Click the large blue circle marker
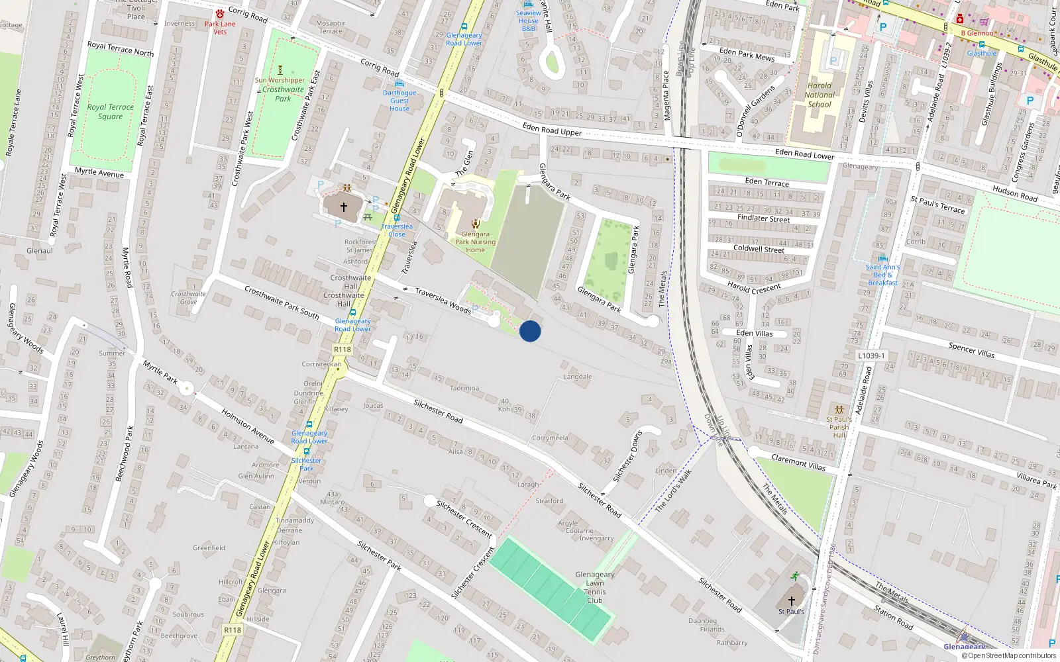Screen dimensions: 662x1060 (530, 331)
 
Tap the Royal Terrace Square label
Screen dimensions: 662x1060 (111, 112)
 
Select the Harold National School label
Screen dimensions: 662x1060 (820, 95)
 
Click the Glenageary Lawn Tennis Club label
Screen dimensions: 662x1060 (594, 587)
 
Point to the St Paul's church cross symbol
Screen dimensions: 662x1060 (791, 601)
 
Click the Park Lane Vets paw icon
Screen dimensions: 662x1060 (220, 14)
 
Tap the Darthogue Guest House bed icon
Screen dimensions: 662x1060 (399, 84)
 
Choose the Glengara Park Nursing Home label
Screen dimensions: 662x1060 (475, 242)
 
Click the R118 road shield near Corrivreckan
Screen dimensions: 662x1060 (343, 350)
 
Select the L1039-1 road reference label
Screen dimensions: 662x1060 (871, 355)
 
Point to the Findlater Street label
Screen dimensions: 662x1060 (763, 218)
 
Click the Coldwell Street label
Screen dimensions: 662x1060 (759, 249)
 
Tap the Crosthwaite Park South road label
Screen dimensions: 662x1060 (282, 302)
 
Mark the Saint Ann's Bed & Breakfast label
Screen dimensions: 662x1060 (882, 275)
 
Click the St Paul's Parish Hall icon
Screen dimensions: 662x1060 (839, 410)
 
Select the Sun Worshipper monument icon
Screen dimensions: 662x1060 (280, 70)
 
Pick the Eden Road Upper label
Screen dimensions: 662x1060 (552, 129)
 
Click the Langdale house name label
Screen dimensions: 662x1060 (577, 377)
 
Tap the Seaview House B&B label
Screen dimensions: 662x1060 (528, 21)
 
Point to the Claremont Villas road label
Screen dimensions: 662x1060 (798, 462)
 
